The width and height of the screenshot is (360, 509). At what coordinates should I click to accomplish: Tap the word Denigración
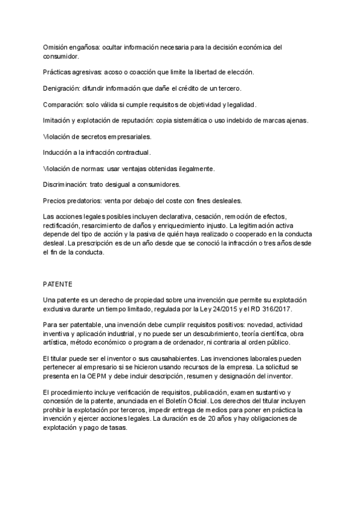tap(64, 88)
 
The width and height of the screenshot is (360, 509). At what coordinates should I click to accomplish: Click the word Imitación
tap(58, 121)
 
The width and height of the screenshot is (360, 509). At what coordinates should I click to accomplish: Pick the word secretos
tap(91, 137)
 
